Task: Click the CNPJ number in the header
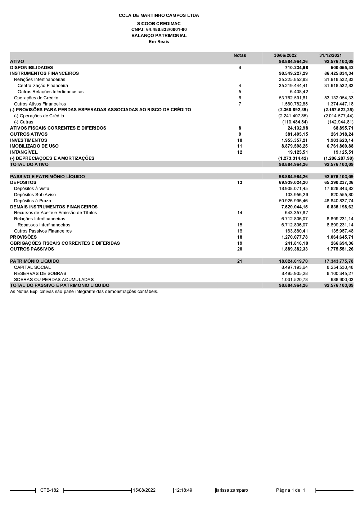(x=159, y=30)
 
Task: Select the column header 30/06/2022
(x=285, y=55)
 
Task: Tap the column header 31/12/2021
(x=330, y=55)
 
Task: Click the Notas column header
(x=240, y=55)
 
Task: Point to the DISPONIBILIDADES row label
(x=31, y=68)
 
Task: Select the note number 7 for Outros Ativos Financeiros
(x=240, y=104)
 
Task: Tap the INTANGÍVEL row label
(x=24, y=152)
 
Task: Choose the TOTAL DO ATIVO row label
(x=29, y=164)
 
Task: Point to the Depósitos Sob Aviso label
(x=35, y=195)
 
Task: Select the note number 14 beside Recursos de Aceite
(x=240, y=213)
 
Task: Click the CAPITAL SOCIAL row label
(x=32, y=267)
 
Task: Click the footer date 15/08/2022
(x=144, y=490)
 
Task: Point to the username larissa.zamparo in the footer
(x=232, y=490)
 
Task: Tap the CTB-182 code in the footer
(x=49, y=490)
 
